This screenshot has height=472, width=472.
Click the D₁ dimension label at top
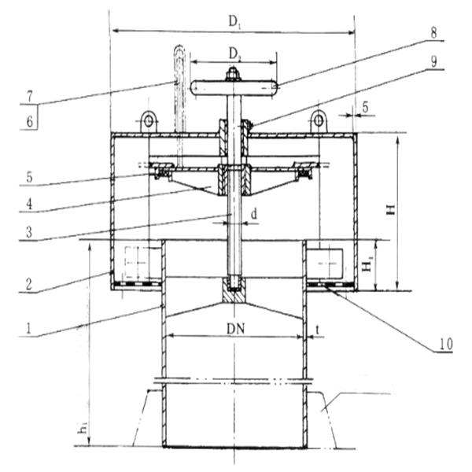point(234,22)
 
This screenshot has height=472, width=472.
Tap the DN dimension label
point(235,330)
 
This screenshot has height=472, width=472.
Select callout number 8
point(433,33)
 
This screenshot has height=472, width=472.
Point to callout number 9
point(433,62)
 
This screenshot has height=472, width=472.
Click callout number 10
point(446,344)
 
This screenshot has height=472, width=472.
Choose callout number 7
point(30,97)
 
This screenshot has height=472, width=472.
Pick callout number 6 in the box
point(30,122)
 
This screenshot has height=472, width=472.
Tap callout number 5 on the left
point(29,177)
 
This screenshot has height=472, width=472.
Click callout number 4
point(29,205)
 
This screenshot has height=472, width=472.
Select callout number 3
point(29,233)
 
